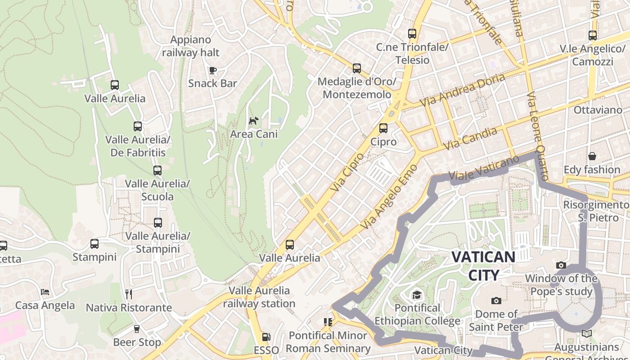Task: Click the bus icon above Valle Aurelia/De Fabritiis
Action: [138, 126]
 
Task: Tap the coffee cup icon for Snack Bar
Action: [213, 70]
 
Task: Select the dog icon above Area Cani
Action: [254, 121]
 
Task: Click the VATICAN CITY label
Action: [483, 265]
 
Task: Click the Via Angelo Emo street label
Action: [389, 197]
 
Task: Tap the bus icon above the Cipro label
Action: [383, 128]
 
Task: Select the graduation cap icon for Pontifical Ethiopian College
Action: [417, 295]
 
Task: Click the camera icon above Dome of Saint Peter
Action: [496, 301]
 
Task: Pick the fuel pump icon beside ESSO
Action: [266, 337]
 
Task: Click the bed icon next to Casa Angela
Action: [45, 292]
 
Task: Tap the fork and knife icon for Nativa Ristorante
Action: [129, 294]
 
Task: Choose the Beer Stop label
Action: [137, 342]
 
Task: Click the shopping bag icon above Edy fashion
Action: [592, 156]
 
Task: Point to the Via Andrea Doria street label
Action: [462, 90]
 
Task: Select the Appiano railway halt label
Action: [191, 46]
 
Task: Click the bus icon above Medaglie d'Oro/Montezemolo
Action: [357, 68]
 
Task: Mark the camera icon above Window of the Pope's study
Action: [561, 265]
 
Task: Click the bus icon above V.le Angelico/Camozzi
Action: [593, 35]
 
